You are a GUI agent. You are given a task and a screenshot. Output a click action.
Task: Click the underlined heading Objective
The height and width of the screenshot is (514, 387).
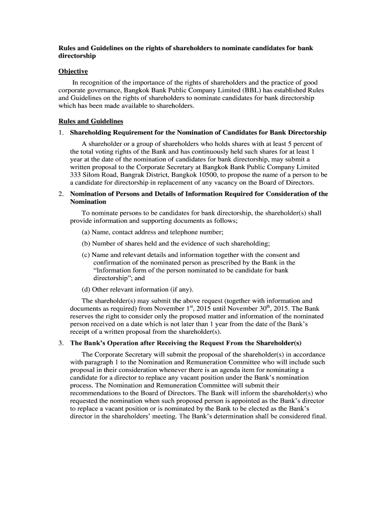[73, 71]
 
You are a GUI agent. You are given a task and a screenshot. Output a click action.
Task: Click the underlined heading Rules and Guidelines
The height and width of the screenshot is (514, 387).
[90, 121]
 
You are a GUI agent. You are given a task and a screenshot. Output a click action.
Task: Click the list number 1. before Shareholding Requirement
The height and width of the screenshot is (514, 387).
[61, 133]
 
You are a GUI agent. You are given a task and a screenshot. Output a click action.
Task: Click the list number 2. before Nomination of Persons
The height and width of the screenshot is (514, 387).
[61, 194]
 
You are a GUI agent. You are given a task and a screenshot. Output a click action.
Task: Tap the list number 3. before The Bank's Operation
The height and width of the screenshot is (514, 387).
[61, 343]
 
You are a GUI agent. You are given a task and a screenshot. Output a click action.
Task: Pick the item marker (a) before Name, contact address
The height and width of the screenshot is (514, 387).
[86, 232]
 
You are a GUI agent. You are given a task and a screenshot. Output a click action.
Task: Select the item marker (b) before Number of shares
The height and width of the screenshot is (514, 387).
[86, 243]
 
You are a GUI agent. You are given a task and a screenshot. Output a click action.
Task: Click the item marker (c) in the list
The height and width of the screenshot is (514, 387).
[86, 255]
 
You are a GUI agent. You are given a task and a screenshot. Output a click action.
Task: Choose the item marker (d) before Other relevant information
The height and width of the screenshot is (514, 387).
[86, 289]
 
